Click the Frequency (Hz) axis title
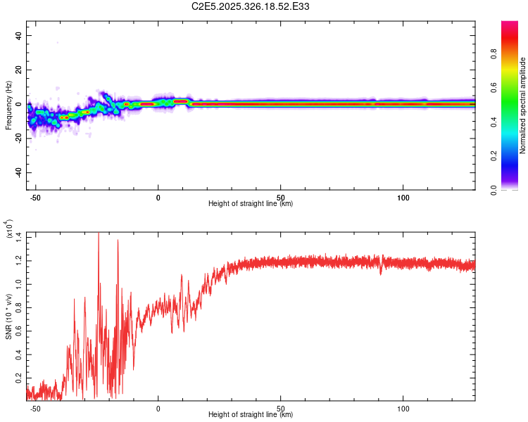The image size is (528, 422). [x=8, y=105]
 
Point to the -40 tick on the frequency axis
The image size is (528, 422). [x=18, y=172]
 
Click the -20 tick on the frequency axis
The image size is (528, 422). [x=18, y=139]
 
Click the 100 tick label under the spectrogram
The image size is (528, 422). [x=403, y=197]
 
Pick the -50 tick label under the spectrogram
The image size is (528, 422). [x=35, y=197]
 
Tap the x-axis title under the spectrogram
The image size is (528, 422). [x=251, y=204]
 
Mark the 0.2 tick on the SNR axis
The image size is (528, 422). [x=18, y=377]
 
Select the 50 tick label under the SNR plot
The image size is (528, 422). [x=281, y=408]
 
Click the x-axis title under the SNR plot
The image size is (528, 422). [x=251, y=415]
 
